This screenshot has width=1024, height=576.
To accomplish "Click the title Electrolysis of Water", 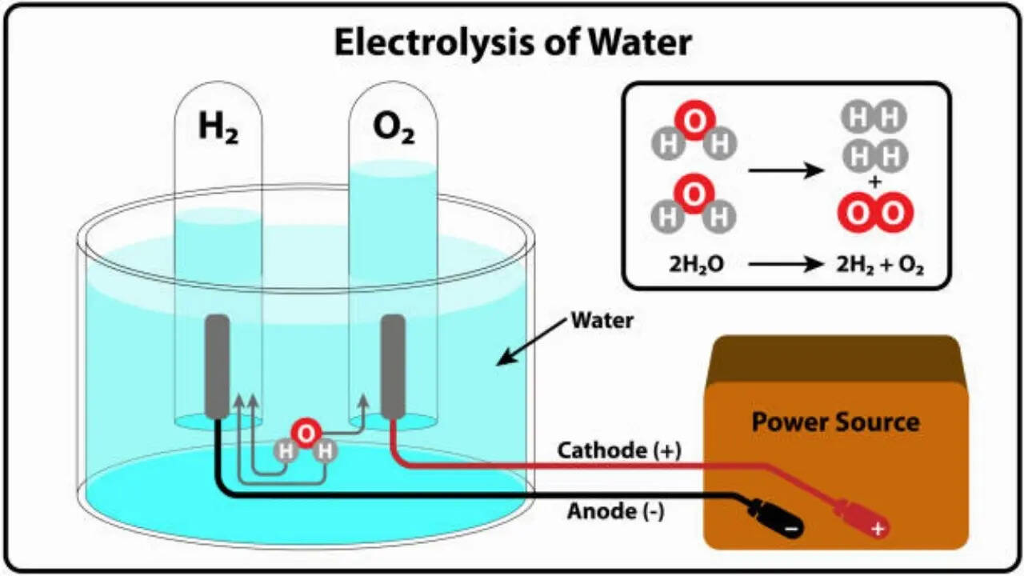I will click(x=512, y=42).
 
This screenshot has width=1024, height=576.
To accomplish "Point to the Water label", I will click(x=602, y=322).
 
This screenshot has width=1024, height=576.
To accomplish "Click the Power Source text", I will click(x=835, y=422).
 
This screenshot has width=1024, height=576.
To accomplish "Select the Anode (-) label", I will click(x=615, y=510).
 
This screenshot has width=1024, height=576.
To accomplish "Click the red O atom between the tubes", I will click(x=305, y=433).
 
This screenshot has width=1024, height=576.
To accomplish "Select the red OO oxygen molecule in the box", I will click(x=875, y=214).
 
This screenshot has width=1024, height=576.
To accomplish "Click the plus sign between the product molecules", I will click(x=875, y=183).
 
